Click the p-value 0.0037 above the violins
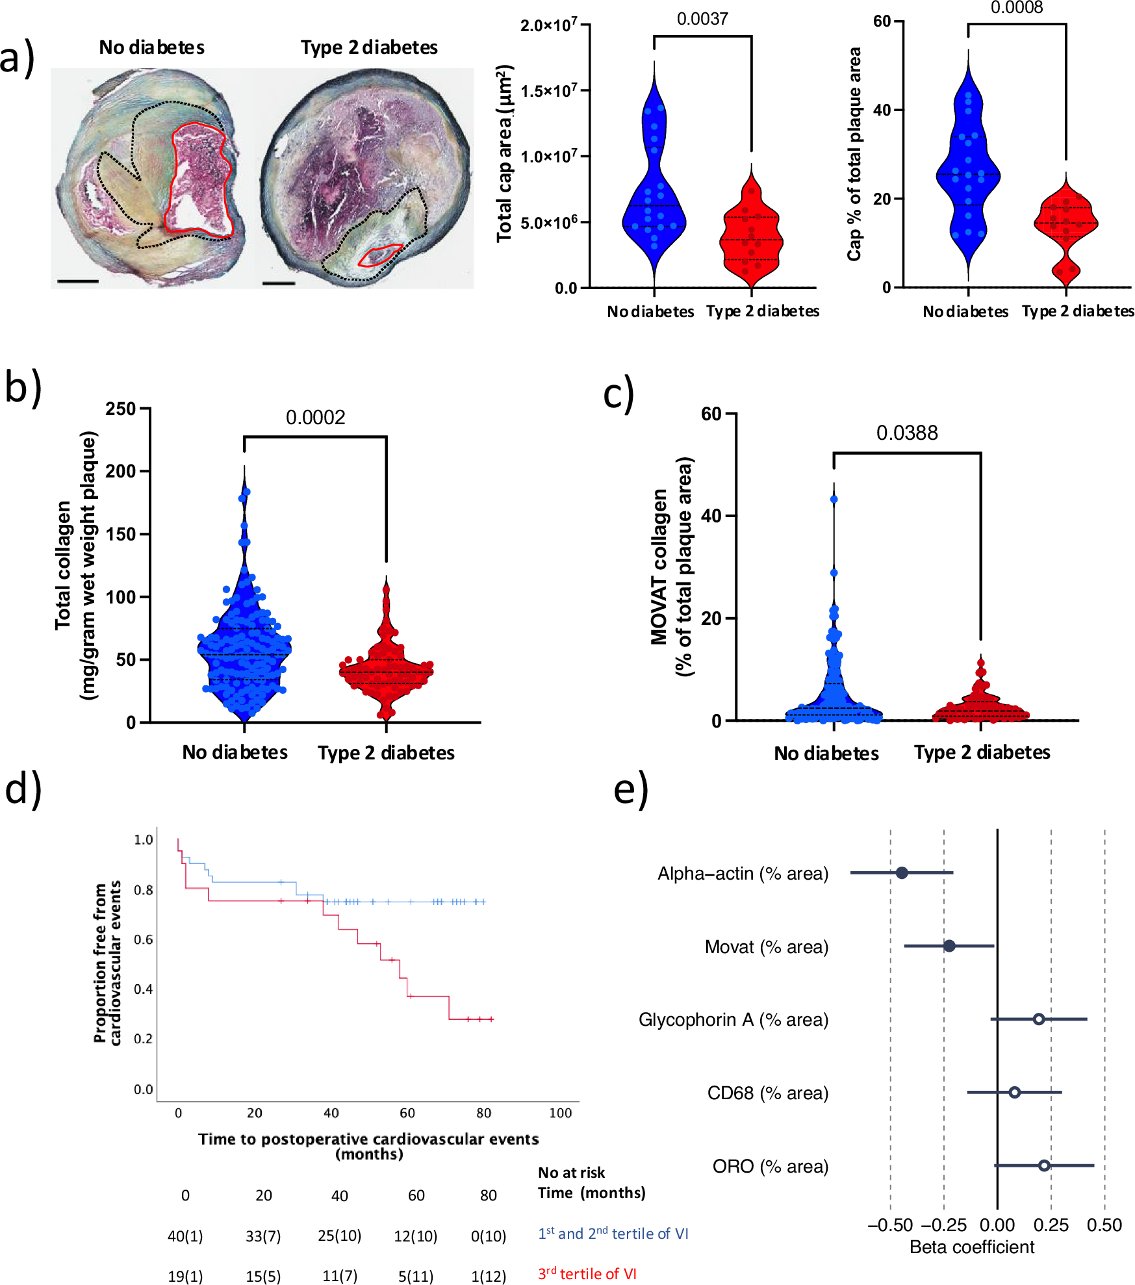[702, 19]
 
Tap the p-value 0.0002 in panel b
[315, 417]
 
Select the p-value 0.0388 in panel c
[906, 433]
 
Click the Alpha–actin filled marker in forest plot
[901, 872]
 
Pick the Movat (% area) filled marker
[949, 945]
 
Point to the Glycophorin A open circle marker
[1038, 1019]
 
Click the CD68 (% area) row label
[767, 1093]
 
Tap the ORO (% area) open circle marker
[1043, 1165]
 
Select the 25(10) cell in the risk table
[339, 1236]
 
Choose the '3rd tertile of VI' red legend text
[587, 1274]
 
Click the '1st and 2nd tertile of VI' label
[613, 1234]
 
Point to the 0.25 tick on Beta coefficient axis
[1051, 1225]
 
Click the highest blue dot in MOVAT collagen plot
[834, 499]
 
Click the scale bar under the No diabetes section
[77, 281]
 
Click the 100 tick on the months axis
[560, 1113]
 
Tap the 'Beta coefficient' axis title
[971, 1247]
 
